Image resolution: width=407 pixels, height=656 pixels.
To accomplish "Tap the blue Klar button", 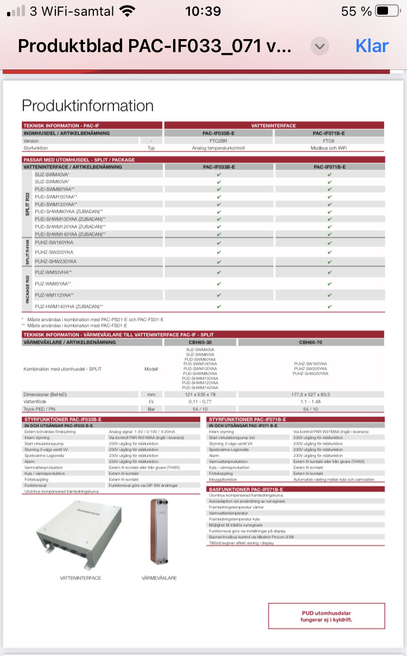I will click(x=372, y=46).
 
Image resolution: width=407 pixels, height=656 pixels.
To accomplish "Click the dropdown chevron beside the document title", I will click(x=320, y=46).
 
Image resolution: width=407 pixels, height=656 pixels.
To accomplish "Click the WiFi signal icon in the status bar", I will click(x=128, y=11).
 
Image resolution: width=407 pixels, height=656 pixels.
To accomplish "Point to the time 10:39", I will click(x=203, y=11).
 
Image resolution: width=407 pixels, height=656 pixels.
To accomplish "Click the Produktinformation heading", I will click(x=87, y=105).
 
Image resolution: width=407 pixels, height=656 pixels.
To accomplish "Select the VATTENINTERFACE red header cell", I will click(x=274, y=125).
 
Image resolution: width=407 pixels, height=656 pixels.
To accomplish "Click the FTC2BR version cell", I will click(x=218, y=141).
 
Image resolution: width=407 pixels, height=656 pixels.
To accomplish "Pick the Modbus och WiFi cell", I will click(x=329, y=148).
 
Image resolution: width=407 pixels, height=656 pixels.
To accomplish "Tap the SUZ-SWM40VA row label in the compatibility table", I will click(x=52, y=175).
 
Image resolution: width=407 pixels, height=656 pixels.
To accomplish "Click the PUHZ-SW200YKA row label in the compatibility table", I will click(x=54, y=253).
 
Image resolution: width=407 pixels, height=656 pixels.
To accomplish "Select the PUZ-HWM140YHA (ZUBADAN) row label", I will click(x=68, y=306).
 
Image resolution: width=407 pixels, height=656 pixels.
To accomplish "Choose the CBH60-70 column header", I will click(x=310, y=343).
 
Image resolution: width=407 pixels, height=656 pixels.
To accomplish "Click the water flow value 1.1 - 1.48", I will click(x=310, y=401).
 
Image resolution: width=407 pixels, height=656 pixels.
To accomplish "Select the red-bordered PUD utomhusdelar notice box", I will click(x=326, y=616).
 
